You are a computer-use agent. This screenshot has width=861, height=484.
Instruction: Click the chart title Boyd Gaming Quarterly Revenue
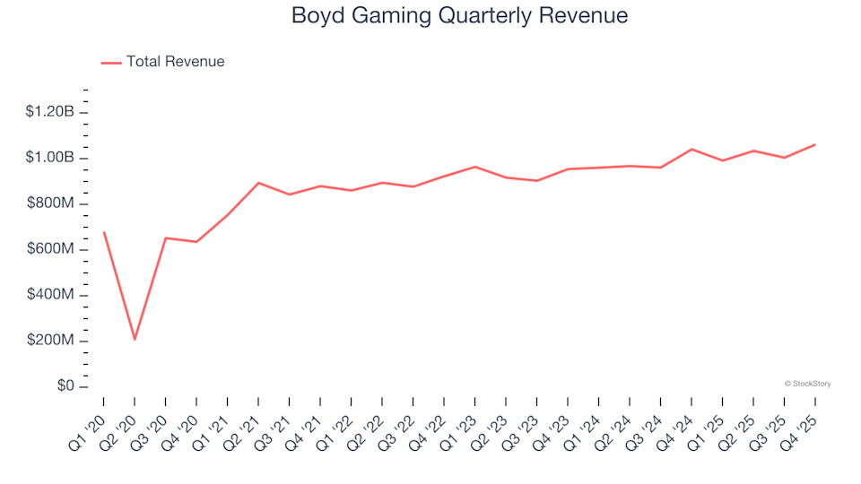tap(459, 16)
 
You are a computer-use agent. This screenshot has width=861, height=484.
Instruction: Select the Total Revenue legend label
tap(175, 62)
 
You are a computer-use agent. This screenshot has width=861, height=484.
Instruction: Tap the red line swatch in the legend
tap(111, 63)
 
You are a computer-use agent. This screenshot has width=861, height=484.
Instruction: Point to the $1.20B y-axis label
tap(50, 112)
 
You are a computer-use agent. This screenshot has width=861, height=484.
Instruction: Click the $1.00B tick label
tap(50, 158)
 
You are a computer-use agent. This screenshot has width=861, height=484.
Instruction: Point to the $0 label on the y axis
tap(65, 386)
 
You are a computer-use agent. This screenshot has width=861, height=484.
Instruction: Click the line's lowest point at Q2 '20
tap(135, 339)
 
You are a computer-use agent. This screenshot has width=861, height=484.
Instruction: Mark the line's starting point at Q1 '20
tap(104, 232)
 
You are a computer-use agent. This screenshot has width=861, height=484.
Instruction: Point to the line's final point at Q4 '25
tap(814, 144)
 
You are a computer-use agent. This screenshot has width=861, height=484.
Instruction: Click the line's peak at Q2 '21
tap(258, 183)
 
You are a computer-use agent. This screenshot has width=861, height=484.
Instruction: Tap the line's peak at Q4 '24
tap(691, 149)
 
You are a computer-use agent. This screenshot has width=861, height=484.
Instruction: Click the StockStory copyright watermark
tap(807, 384)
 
